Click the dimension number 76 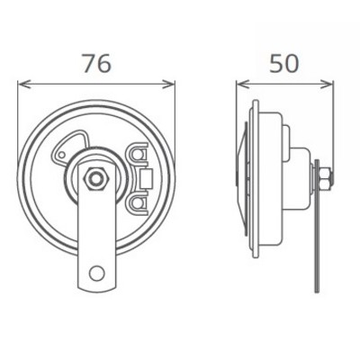coord(96,64)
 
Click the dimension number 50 coord(283,64)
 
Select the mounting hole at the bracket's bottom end coord(96,271)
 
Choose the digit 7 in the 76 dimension coord(86,64)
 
